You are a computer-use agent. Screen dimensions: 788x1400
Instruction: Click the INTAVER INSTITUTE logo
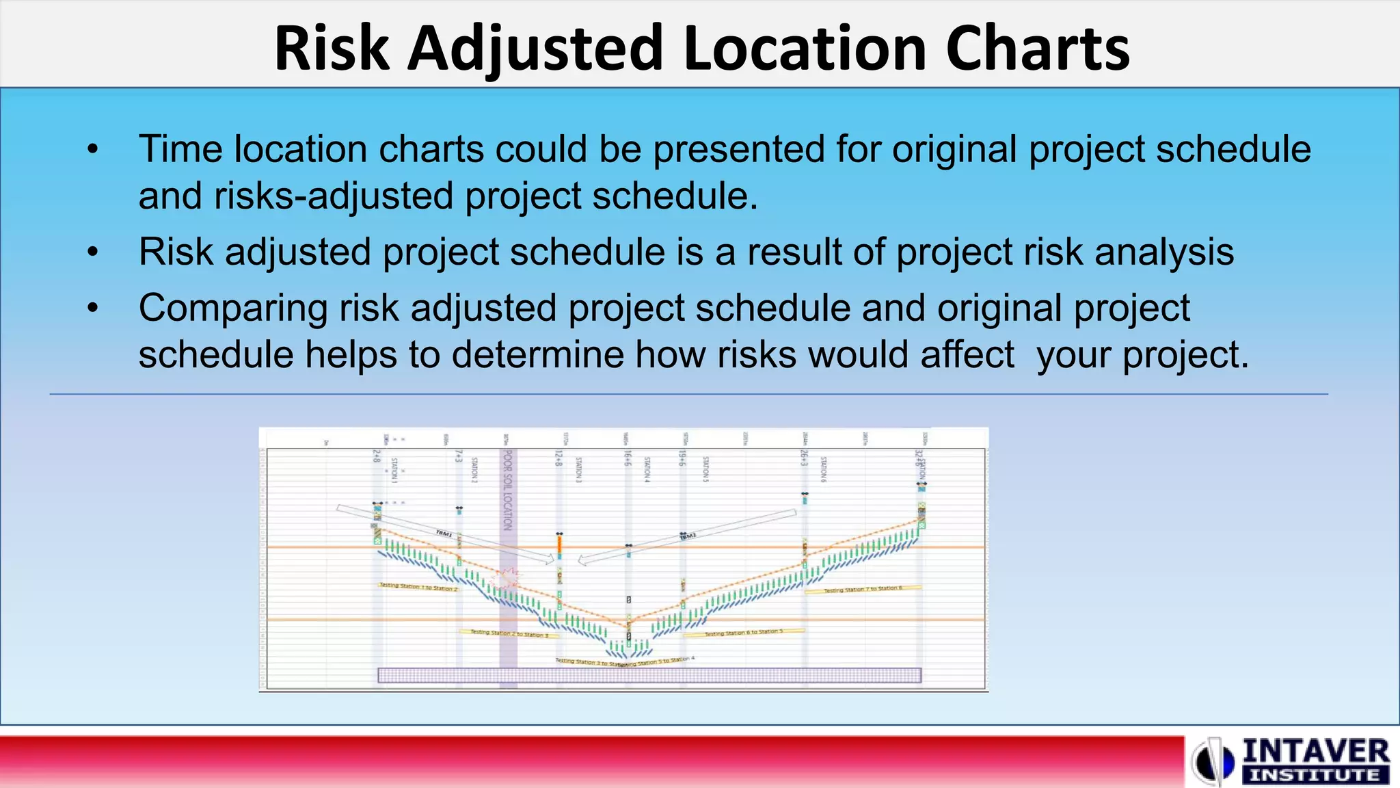(1292, 761)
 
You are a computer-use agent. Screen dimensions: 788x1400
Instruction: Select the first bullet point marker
(94, 149)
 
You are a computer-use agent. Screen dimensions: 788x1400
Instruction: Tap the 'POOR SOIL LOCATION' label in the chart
(508, 489)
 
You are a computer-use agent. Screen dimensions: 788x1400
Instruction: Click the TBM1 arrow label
(444, 534)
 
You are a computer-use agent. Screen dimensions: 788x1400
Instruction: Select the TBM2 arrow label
(688, 537)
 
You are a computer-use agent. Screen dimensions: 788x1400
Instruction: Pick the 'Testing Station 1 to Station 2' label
(418, 587)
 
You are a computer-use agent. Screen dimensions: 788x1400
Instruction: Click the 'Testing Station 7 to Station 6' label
(863, 590)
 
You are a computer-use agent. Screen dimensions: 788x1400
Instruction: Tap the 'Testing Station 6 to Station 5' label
(744, 633)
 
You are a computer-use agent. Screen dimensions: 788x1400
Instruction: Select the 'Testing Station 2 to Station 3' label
(509, 633)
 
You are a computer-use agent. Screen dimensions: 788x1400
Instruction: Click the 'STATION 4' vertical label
(647, 470)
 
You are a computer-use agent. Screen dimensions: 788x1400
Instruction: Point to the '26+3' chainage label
(805, 458)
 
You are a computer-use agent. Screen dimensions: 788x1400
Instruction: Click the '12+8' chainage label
(558, 458)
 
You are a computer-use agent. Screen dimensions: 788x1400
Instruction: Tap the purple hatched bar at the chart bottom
(649, 676)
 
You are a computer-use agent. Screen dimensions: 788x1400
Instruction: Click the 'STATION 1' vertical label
(394, 471)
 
